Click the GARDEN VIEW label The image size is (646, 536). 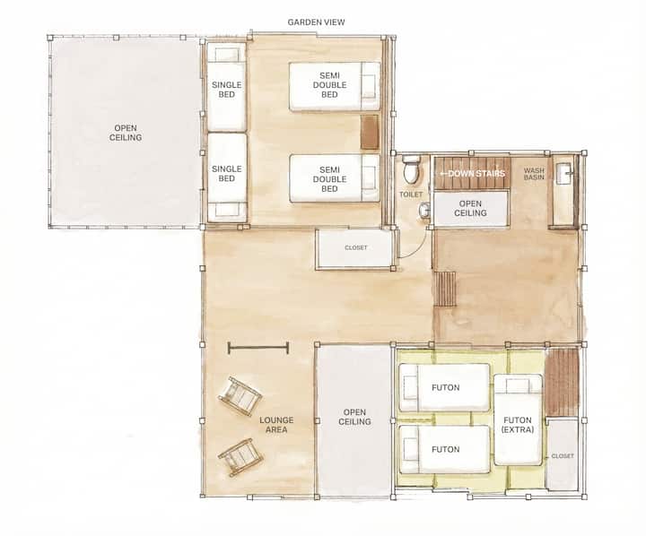click(316, 22)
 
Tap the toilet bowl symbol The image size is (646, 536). click(411, 169)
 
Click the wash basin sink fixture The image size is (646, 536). click(563, 174)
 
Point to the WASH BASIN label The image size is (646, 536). click(534, 174)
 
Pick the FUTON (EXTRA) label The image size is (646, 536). click(518, 425)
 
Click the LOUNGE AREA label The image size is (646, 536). click(276, 425)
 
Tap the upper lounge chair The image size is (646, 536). click(240, 395)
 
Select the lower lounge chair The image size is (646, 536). click(240, 457)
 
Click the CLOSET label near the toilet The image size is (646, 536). click(356, 247)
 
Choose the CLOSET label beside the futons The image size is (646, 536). click(563, 456)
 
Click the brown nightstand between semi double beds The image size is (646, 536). click(370, 132)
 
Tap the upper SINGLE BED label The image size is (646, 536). click(227, 90)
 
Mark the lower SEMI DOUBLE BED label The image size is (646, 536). click(329, 179)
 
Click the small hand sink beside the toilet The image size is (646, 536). click(423, 211)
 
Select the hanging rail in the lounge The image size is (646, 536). click(258, 349)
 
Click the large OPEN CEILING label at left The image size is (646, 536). click(126, 133)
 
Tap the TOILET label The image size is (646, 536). click(411, 195)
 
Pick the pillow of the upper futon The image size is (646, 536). click(409, 387)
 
